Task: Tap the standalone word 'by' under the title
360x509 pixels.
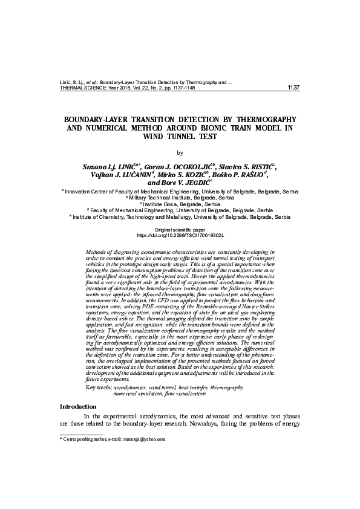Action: tap(179, 152)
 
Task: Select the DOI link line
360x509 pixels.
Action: tap(180, 235)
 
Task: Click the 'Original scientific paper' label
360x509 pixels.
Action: tap(180, 230)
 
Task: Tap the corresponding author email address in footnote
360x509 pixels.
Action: tap(143, 439)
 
